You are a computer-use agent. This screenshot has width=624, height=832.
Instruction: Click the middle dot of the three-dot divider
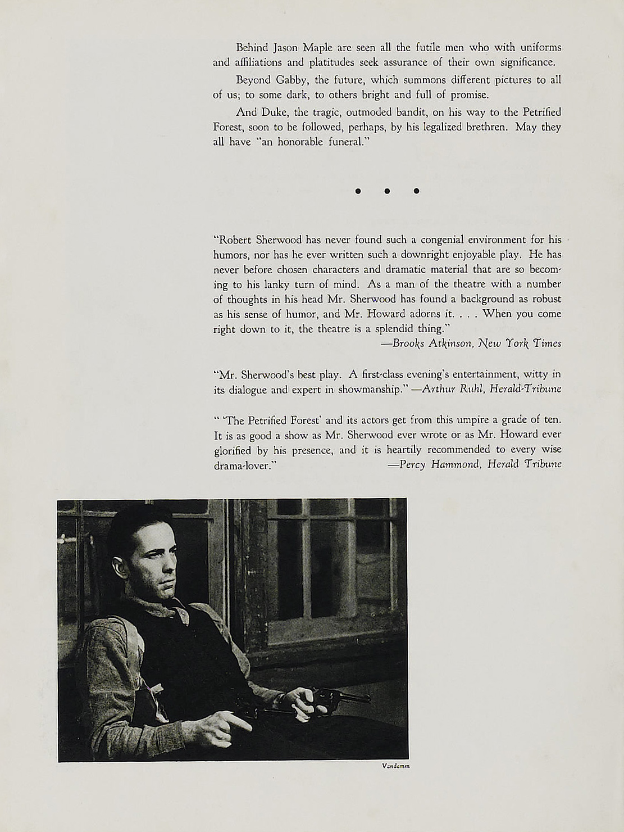(387, 191)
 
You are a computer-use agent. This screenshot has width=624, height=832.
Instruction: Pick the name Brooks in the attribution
(408, 343)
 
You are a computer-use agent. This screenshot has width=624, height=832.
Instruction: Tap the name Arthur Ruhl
(452, 389)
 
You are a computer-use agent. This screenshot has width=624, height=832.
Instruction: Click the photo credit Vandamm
(395, 766)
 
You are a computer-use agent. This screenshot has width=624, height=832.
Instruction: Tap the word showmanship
(371, 389)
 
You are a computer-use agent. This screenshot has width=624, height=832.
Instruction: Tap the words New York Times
(520, 343)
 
